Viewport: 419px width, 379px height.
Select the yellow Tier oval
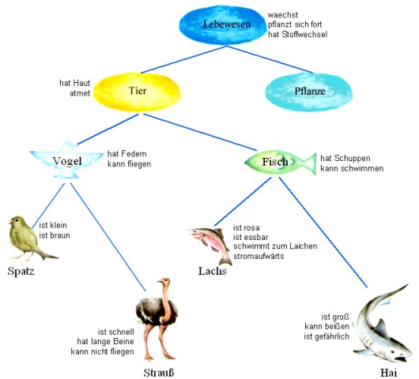pyautogui.click(x=137, y=92)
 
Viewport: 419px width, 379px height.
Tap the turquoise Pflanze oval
pyautogui.click(x=309, y=92)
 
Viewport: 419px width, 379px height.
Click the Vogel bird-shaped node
pyautogui.click(x=67, y=160)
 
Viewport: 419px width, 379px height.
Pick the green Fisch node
pyautogui.click(x=281, y=162)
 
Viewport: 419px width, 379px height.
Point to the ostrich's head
pyautogui.click(x=164, y=281)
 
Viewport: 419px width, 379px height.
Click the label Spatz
pyautogui.click(x=21, y=271)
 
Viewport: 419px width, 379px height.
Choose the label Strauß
pyautogui.click(x=159, y=373)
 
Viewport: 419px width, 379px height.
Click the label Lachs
pyautogui.click(x=212, y=271)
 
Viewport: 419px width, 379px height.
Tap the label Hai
pyautogui.click(x=388, y=373)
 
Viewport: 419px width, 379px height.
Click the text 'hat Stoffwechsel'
pyautogui.click(x=297, y=35)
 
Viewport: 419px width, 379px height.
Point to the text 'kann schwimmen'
pyautogui.click(x=352, y=168)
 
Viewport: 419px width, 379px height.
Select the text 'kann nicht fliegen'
pyautogui.click(x=102, y=351)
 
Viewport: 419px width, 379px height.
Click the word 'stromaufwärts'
pyautogui.click(x=259, y=256)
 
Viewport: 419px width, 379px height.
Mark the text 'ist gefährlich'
pyautogui.click(x=327, y=336)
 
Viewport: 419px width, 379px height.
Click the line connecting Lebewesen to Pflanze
pyautogui.click(x=270, y=59)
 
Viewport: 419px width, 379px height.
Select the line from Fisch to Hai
pyautogui.click(x=323, y=232)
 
